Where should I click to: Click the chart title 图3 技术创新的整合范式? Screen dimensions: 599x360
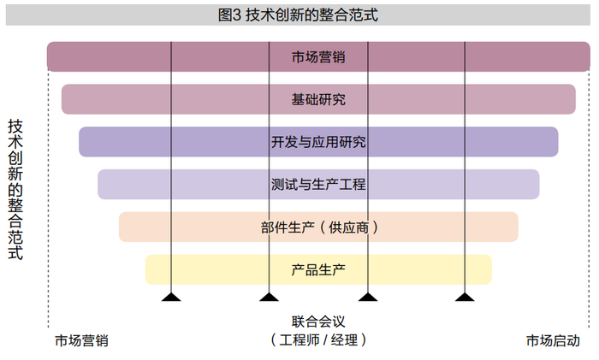coord(299,15)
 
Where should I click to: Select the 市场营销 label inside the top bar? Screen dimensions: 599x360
coord(318,57)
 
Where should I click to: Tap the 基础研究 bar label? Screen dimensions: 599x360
coord(318,99)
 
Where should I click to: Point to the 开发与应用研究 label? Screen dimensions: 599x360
coord(318,142)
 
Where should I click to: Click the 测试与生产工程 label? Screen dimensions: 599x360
coord(318,184)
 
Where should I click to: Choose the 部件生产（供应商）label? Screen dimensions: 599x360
coord(318,227)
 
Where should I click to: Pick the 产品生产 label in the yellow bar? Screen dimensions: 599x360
coord(318,269)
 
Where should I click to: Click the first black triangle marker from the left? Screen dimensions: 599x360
coord(172,297)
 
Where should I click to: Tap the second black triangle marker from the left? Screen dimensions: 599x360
coord(270,297)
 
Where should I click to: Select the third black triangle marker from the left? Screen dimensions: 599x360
coord(368,297)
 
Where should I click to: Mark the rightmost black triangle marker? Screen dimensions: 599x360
coord(465,297)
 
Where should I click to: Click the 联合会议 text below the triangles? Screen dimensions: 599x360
coord(318,322)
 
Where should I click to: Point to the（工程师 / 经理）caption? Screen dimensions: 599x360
coord(318,339)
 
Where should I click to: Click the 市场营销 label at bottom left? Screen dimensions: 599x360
coord(82,340)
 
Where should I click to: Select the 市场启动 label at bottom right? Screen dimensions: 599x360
coord(552,340)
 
